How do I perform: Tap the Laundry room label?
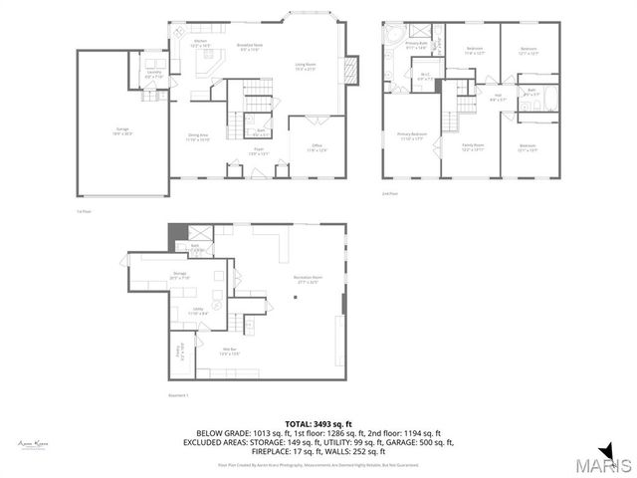pos(154,74)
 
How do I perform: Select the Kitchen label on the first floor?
pos(200,43)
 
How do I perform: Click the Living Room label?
pos(305,67)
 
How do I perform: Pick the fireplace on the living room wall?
pos(348,71)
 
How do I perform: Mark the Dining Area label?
pos(199,136)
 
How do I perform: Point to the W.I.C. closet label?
pos(424,76)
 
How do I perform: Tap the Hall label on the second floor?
pos(498,98)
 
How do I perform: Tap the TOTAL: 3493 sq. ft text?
pos(318,424)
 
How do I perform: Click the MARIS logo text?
pos(607,464)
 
